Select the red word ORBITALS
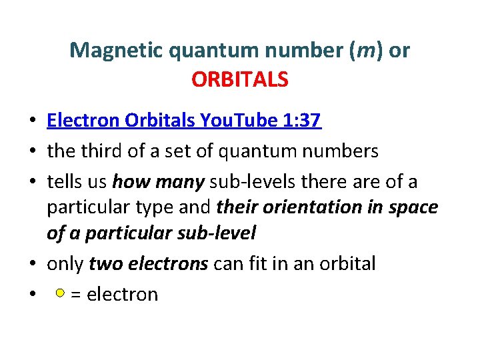[x=239, y=80]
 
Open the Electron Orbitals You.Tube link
[x=184, y=121]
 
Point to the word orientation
[x=309, y=207]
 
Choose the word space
[x=413, y=207]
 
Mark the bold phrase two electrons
[x=148, y=264]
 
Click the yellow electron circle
[x=60, y=293]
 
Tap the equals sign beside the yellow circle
[x=75, y=294]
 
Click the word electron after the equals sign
[x=122, y=294]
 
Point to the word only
[x=65, y=264]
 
